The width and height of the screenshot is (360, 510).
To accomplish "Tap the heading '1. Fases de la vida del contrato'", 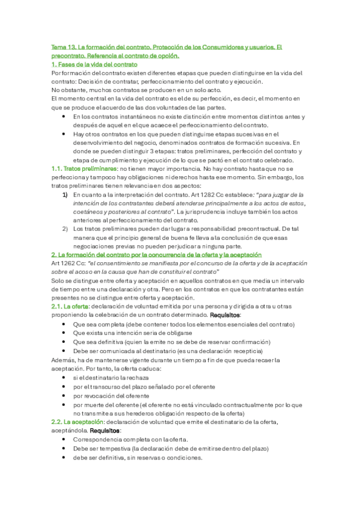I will pos(94,64).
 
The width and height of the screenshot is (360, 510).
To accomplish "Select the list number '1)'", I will pos(65,195).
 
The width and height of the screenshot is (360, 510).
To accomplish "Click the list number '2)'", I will pos(65,229).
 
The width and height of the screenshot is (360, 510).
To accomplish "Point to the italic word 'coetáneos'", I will pos(90,212).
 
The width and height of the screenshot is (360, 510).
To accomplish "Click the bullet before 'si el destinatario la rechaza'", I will pos(65,377).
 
